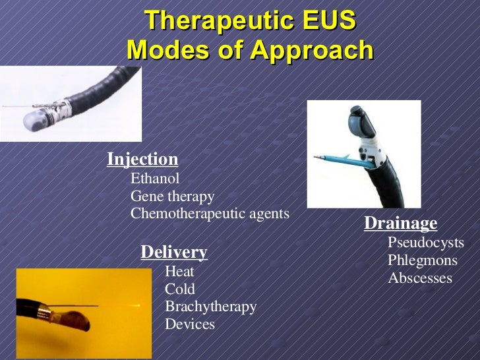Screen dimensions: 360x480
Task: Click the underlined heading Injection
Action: (x=142, y=160)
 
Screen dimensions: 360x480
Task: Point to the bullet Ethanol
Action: (x=155, y=178)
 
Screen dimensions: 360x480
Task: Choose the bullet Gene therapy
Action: (x=173, y=196)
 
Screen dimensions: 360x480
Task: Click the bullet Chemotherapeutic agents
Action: (x=210, y=214)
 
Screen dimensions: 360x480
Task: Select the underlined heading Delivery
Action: (x=174, y=252)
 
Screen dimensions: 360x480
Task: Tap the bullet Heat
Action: (x=179, y=271)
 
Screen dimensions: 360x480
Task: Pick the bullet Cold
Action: (x=180, y=289)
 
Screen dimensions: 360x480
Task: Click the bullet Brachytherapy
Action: (x=210, y=307)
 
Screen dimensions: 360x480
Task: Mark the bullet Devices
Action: (x=190, y=324)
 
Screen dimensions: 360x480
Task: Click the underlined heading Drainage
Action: (x=400, y=224)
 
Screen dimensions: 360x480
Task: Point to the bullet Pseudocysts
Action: (x=425, y=243)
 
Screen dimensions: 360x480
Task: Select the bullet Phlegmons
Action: (x=422, y=260)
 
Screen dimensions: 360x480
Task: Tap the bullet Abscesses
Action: (x=420, y=278)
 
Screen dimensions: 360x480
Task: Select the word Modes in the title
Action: (x=165, y=49)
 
